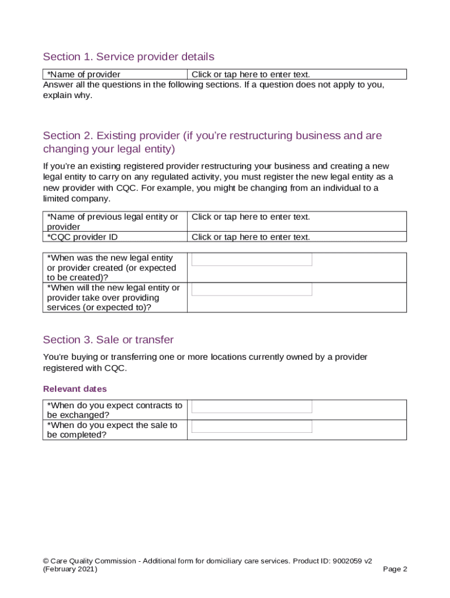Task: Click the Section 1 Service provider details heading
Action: coord(129,57)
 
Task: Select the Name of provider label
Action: coord(84,74)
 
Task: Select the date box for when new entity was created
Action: coord(252,260)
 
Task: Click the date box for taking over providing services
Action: coord(252,289)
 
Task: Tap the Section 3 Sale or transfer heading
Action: coord(108,340)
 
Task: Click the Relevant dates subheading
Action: coord(75,388)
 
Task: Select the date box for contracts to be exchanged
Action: coord(252,406)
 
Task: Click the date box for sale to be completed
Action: coord(252,427)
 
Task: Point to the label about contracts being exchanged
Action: coord(114,410)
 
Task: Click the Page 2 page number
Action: coord(394,569)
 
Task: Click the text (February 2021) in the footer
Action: coord(70,569)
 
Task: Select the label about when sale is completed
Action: coord(112,430)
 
